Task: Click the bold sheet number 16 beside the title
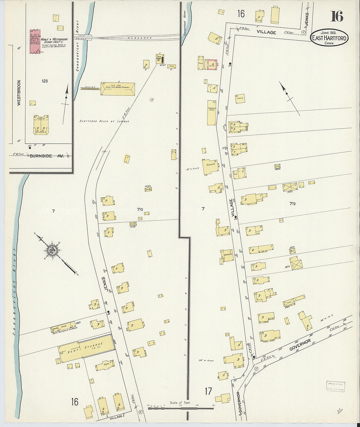[x=336, y=16]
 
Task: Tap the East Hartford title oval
[x=330, y=38]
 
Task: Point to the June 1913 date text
[x=329, y=32]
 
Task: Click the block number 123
[x=45, y=81]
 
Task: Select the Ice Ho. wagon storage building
[x=118, y=88]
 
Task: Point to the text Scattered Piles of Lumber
[x=104, y=121]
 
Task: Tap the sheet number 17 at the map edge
[x=208, y=391]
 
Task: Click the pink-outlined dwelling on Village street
[x=211, y=64]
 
